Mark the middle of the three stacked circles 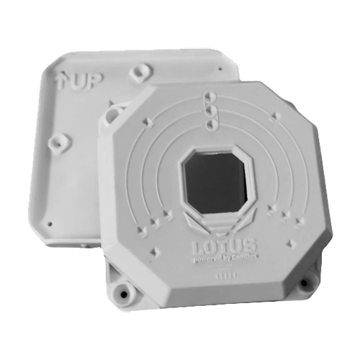pos(209,109)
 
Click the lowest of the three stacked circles pos(210,123)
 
